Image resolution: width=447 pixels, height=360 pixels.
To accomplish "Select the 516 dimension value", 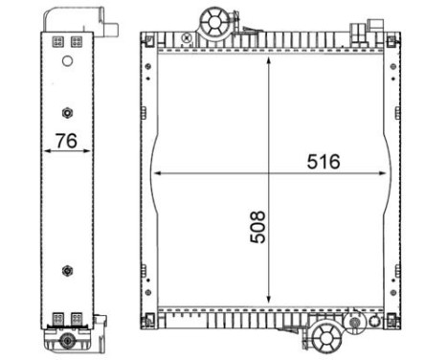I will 324,162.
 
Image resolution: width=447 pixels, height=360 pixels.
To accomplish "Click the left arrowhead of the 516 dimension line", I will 157,173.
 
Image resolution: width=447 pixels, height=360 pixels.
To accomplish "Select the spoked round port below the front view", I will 325,336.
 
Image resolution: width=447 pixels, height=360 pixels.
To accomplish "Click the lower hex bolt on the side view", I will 66,270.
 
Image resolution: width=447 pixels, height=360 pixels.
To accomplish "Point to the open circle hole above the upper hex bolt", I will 66,61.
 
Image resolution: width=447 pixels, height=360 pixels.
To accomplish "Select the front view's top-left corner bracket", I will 146,39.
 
